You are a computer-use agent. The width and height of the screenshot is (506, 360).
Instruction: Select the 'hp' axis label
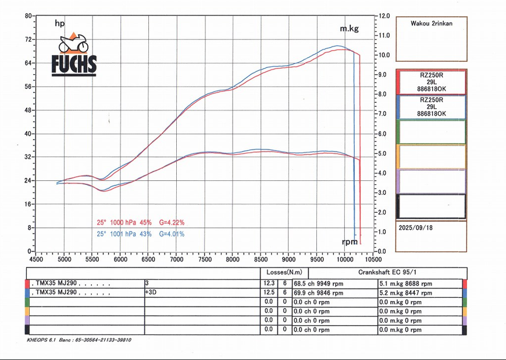pyautogui.click(x=59, y=24)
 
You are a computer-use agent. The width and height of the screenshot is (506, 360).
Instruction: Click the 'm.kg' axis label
pyautogui.click(x=349, y=28)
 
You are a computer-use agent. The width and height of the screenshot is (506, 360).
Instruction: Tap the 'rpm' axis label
pyautogui.click(x=349, y=241)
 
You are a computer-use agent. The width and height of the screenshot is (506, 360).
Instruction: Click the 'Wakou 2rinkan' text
pyautogui.click(x=431, y=24)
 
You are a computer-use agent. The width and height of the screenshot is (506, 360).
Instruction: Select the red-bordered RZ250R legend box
pyautogui.click(x=431, y=82)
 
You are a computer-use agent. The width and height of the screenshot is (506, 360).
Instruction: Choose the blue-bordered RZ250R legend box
pyautogui.click(x=431, y=107)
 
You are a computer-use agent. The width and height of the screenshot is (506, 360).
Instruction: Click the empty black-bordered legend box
pyautogui.click(x=431, y=206)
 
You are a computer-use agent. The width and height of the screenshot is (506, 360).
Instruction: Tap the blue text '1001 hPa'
pyautogui.click(x=123, y=234)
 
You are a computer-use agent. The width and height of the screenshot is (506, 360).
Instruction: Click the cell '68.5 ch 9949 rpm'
pyautogui.click(x=319, y=283)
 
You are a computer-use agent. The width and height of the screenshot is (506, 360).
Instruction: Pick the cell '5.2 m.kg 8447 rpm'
pyautogui.click(x=405, y=293)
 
